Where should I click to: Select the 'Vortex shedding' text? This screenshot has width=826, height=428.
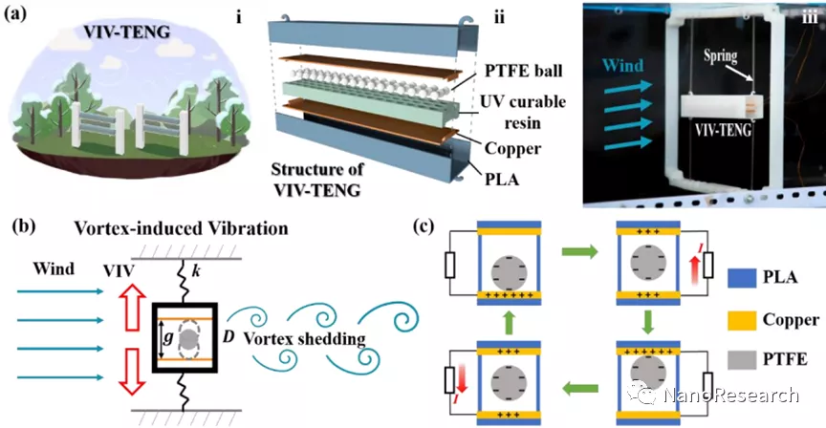293,338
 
